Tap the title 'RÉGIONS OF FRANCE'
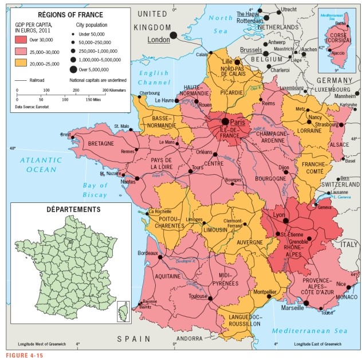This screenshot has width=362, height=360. (70, 14)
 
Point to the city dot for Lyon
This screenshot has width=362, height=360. (285, 220)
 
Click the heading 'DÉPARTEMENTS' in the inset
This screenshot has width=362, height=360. (74, 210)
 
